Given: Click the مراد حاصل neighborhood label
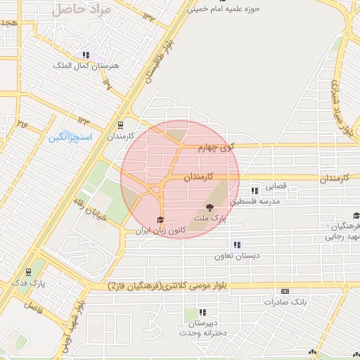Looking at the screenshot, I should [x=82, y=10].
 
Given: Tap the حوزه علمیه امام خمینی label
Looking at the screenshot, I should [x=224, y=9].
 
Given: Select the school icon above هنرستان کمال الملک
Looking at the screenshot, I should [x=86, y=55].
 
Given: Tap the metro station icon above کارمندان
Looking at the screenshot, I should [x=120, y=124].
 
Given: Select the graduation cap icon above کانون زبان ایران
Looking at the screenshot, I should [x=159, y=220].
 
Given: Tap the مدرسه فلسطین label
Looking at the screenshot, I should [x=261, y=202].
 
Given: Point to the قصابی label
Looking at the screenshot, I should [x=274, y=188].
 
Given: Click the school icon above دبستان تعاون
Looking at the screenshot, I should [x=236, y=245].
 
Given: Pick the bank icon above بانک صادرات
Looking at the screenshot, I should [x=285, y=291].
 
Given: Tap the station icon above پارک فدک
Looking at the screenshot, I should [x=28, y=271].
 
